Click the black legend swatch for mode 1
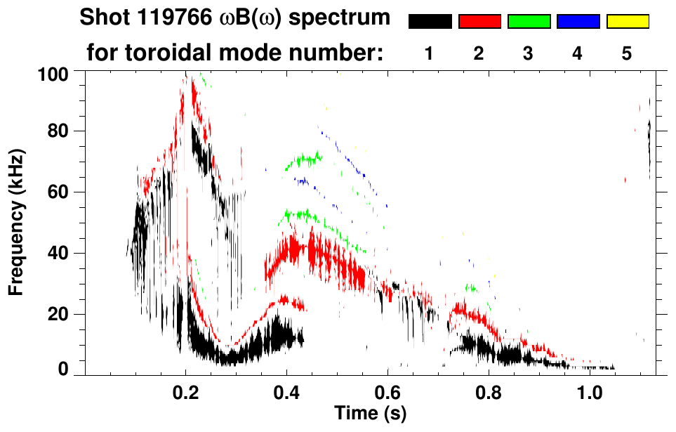tap(430, 22)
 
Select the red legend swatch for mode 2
tap(479, 22)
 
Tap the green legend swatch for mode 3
tap(529, 22)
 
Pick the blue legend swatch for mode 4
tap(578, 22)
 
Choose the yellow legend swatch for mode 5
tap(628, 22)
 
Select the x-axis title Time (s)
tap(370, 413)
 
